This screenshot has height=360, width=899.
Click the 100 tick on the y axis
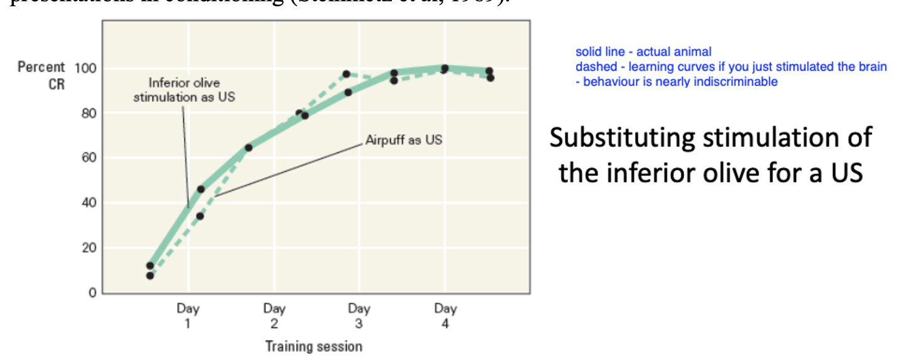click(x=84, y=68)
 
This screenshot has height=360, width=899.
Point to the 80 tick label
click(x=87, y=114)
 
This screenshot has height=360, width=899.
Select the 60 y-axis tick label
click(x=87, y=158)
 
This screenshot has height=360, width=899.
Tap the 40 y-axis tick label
click(x=87, y=203)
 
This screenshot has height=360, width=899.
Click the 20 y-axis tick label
click(x=87, y=248)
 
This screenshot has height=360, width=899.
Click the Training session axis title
click(x=313, y=346)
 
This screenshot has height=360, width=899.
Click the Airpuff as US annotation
click(x=404, y=140)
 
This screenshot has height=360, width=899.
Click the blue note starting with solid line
click(x=643, y=52)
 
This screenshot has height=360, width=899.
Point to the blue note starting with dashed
click(x=731, y=67)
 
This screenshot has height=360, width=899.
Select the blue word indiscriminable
click(x=737, y=82)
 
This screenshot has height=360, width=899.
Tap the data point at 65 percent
click(x=248, y=148)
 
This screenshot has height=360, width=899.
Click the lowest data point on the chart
click(x=150, y=275)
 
